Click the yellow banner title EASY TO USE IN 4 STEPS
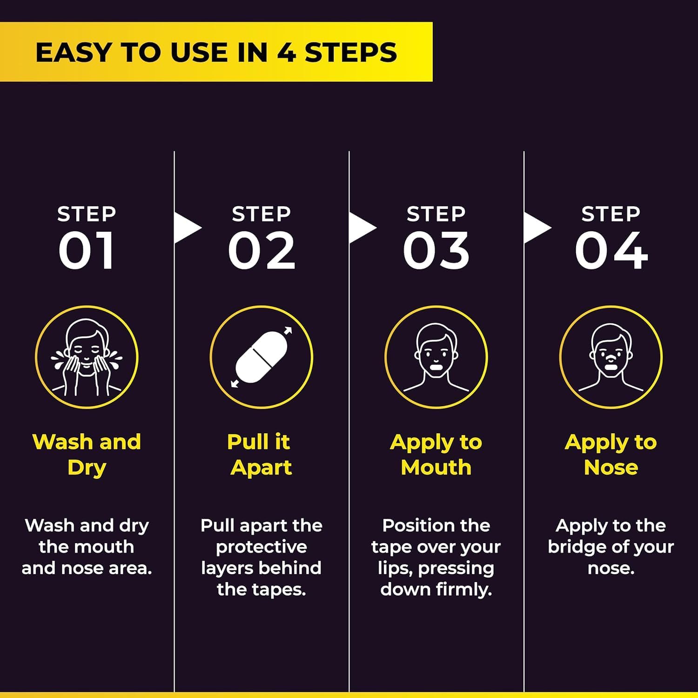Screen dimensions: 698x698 click(x=216, y=52)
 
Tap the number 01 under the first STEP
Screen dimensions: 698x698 click(x=87, y=251)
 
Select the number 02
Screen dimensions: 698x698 click(x=262, y=251)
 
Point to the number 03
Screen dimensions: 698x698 click(x=436, y=251)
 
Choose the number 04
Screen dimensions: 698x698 click(x=611, y=251)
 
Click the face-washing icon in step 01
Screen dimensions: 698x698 click(x=87, y=357)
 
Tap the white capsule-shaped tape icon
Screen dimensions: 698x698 click(x=261, y=357)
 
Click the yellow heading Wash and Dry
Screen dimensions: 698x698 click(x=87, y=455)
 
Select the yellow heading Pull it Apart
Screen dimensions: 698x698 click(x=261, y=455)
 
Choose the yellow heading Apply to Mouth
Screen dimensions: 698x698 click(x=436, y=455)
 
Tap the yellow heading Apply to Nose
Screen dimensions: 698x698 click(x=611, y=455)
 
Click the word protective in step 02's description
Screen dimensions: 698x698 click(x=262, y=548)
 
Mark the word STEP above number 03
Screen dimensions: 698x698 click(x=436, y=214)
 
